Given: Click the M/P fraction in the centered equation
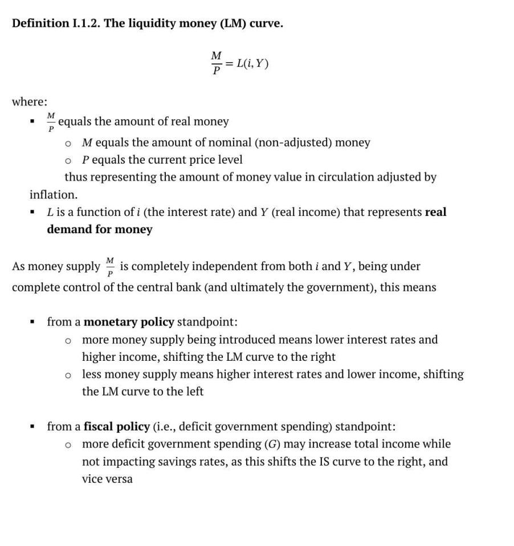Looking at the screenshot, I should pos(216,63).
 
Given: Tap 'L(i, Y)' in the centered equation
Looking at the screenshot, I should pos(252,63).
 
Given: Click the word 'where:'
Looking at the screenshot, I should pos(30,102).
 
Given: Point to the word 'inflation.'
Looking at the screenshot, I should pos(54,195).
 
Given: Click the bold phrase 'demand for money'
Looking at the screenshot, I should pos(100,230).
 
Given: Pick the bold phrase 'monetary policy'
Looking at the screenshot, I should pos(129,322).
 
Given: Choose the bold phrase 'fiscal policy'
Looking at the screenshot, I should pos(117,427).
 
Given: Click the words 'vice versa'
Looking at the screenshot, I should pos(107,479).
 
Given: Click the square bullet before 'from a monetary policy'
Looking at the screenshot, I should pos(33,323).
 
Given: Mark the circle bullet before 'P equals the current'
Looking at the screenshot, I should pos(68,160).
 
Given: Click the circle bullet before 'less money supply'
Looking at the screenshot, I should pos(68,375).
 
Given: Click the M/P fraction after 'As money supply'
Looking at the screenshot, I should pos(110,266).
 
